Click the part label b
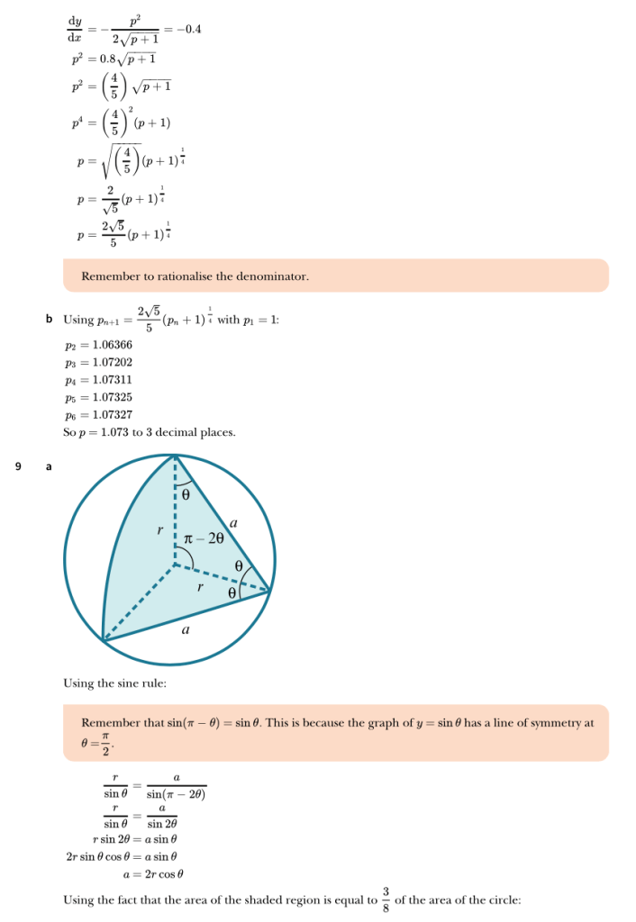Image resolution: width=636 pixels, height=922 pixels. (x=49, y=320)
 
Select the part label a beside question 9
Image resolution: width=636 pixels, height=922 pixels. (x=49, y=466)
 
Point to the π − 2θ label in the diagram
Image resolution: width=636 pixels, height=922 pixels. (x=204, y=538)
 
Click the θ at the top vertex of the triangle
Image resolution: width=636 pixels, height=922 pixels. (x=186, y=494)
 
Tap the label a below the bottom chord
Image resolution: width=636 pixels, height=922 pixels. (x=186, y=630)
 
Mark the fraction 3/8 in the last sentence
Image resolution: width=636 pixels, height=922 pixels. (x=386, y=899)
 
